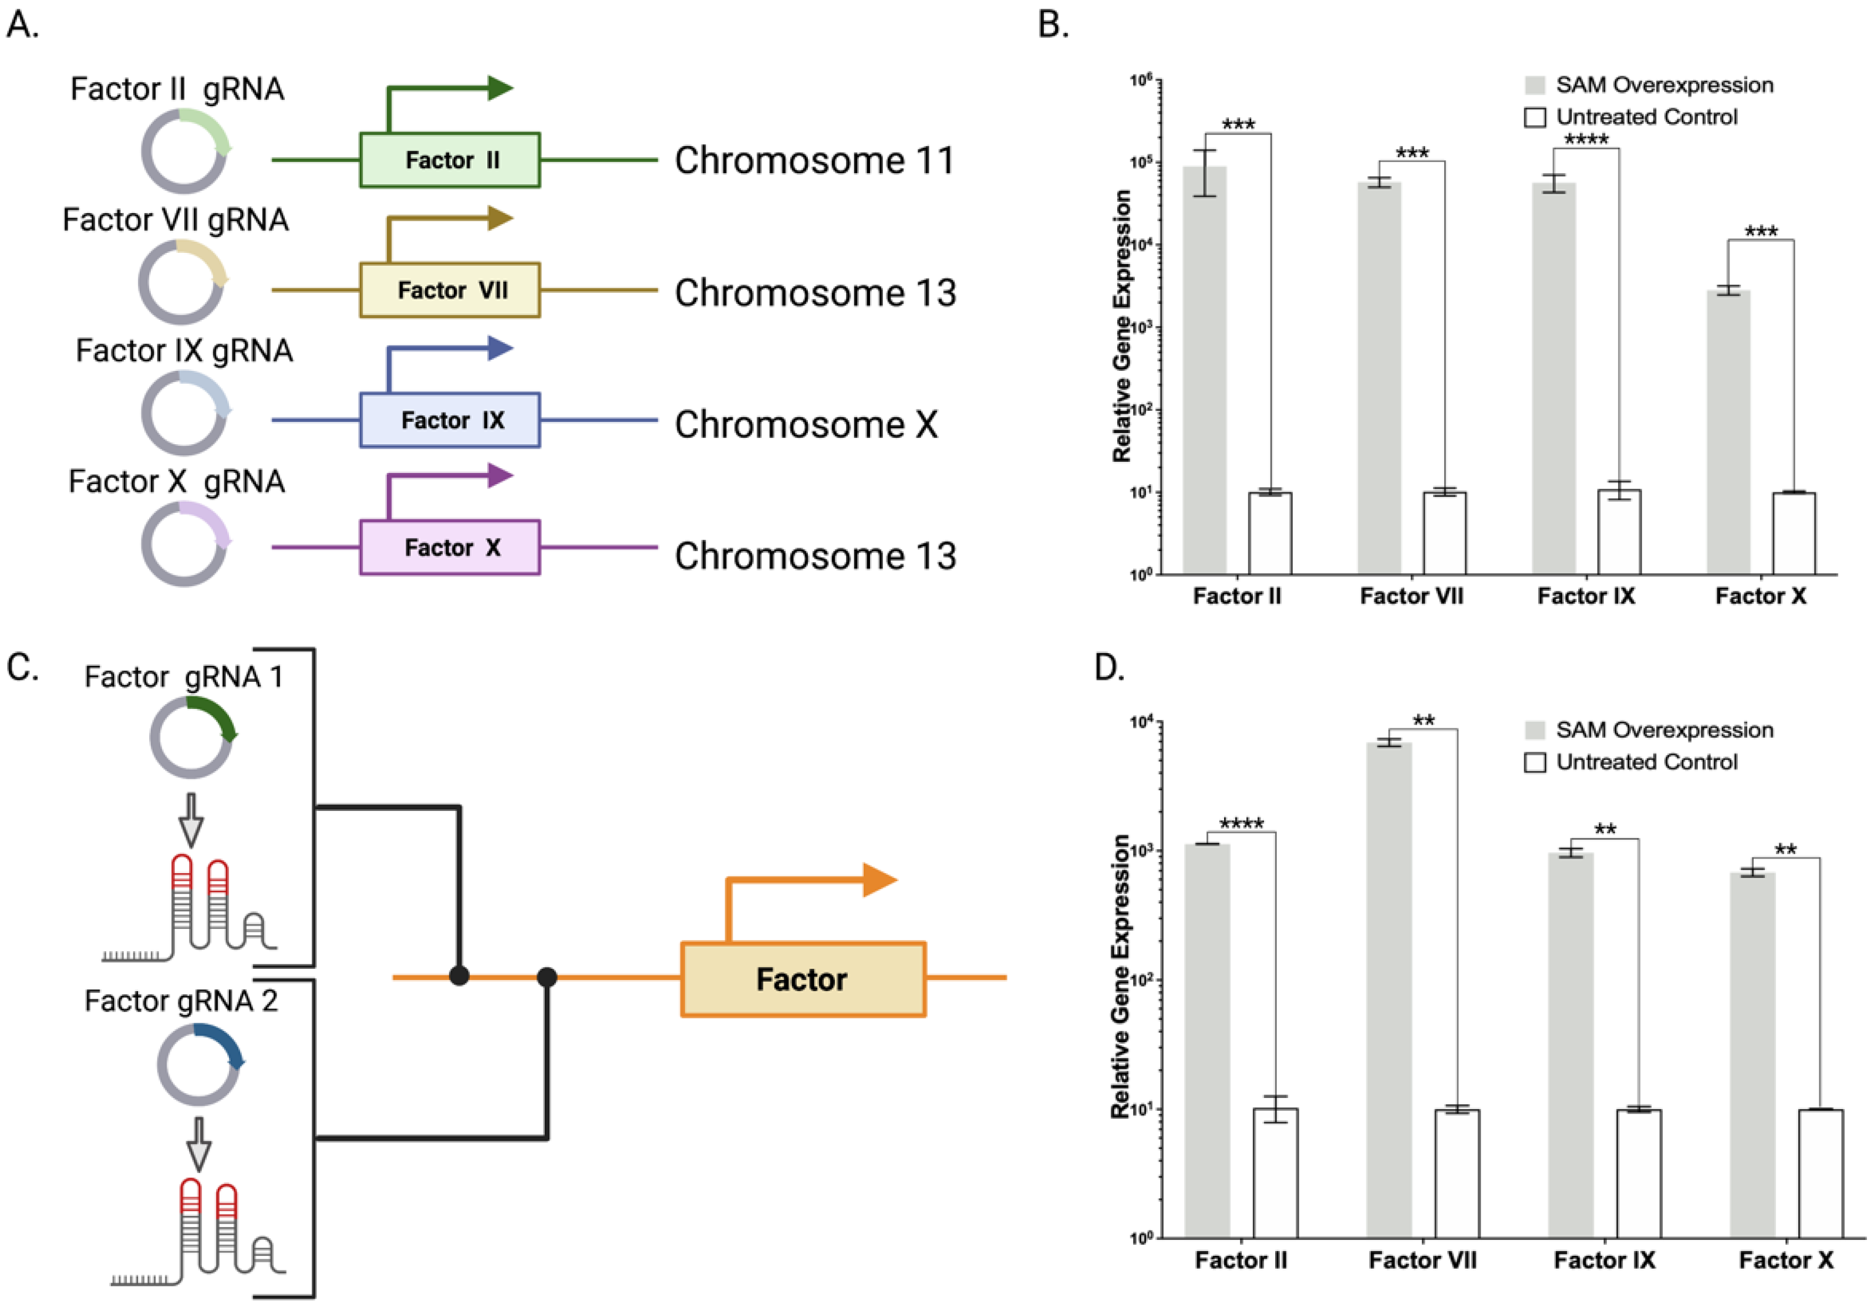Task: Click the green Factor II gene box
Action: [450, 160]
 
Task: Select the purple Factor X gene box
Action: [450, 547]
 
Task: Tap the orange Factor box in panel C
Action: [803, 979]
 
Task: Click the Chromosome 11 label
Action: [814, 160]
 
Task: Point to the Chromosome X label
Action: [805, 424]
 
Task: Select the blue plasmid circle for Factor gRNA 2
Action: [199, 1064]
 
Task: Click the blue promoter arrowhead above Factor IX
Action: [500, 349]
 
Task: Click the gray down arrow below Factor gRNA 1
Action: [191, 819]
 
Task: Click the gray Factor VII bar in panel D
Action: [1388, 988]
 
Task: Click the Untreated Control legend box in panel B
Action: [1535, 117]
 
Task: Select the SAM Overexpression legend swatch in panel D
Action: [1535, 729]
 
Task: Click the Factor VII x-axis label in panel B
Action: [1411, 596]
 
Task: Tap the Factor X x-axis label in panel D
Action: [1786, 1260]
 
